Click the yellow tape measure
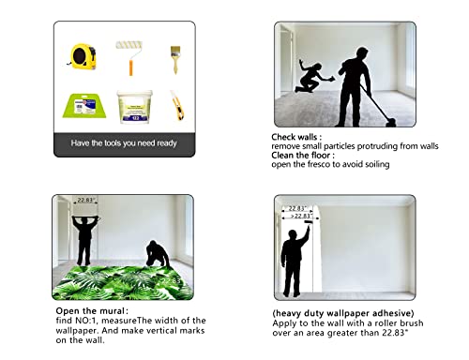pyautogui.click(x=83, y=56)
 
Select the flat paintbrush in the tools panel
pyautogui.click(x=175, y=59)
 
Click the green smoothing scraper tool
pyautogui.click(x=84, y=106)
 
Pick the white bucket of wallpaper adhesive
pyautogui.click(x=135, y=107)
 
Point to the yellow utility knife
pyautogui.click(x=177, y=105)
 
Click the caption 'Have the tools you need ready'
pyautogui.click(x=124, y=143)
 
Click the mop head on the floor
pyautogui.click(x=391, y=123)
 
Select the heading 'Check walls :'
pyautogui.click(x=296, y=137)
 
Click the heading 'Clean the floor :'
pyautogui.click(x=303, y=155)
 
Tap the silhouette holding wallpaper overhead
pyautogui.click(x=84, y=240)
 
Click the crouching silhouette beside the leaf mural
pyautogui.click(x=158, y=254)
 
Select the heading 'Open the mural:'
pyautogui.click(x=92, y=311)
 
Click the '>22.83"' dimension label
pyautogui.click(x=301, y=216)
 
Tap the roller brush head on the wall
pyautogui.click(x=309, y=222)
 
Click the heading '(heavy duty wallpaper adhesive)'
pyautogui.click(x=343, y=313)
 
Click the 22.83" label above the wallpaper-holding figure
pyautogui.click(x=86, y=200)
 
